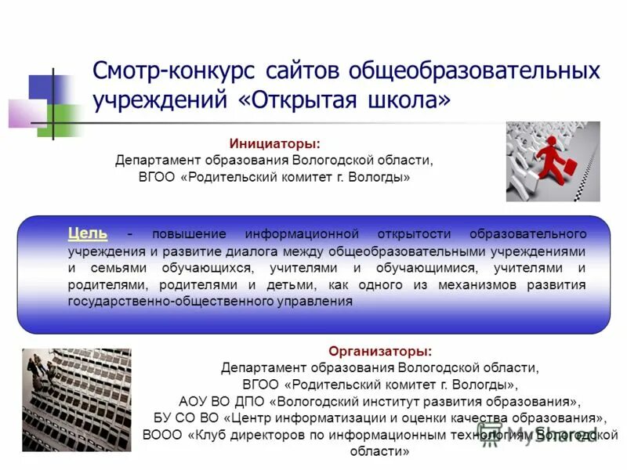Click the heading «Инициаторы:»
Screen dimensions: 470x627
274,144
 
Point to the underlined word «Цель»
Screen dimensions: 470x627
88,233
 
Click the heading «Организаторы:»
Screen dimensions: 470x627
379,352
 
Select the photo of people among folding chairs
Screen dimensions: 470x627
77,399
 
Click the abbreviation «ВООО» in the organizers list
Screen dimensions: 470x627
161,435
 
